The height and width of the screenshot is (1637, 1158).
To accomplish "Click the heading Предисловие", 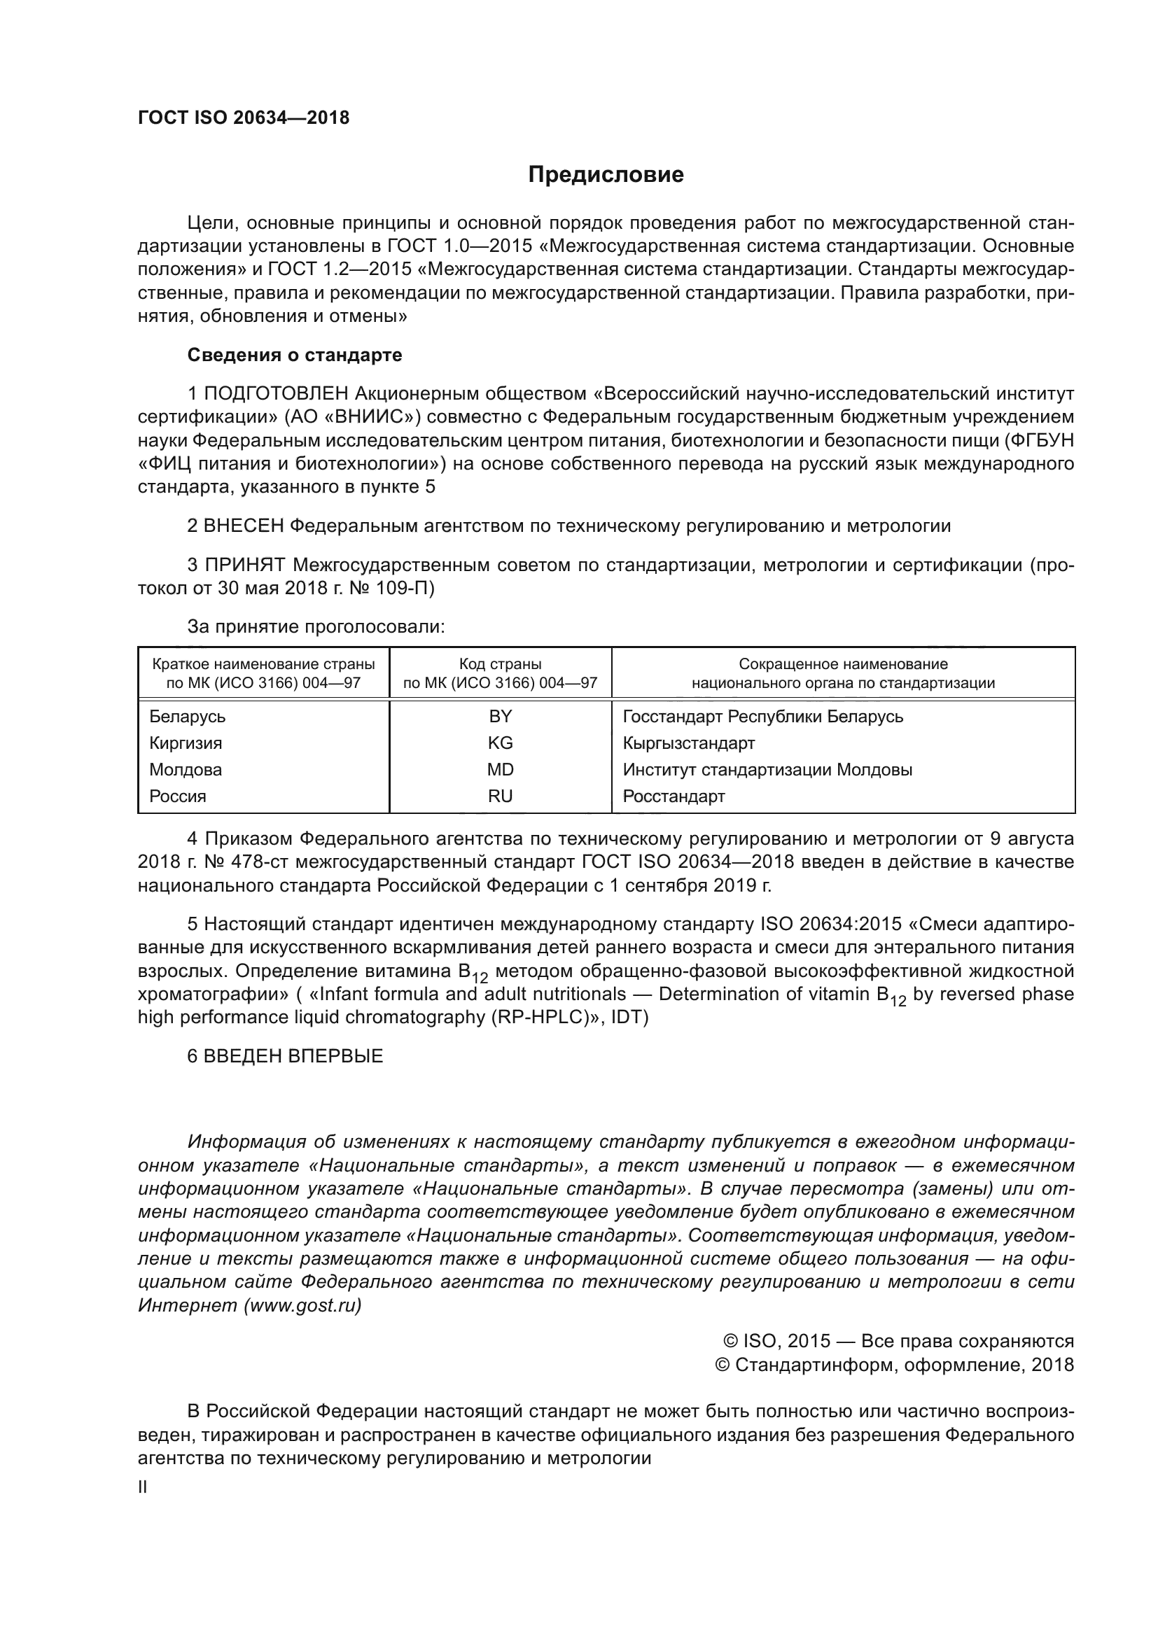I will click(606, 175).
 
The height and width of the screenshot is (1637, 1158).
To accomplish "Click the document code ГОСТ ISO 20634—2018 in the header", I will click(243, 118).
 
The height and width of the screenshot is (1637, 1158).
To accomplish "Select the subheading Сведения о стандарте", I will click(295, 355).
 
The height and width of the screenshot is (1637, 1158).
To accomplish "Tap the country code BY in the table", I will click(500, 716).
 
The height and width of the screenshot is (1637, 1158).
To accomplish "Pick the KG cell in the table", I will click(500, 743).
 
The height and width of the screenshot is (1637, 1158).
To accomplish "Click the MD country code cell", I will click(500, 769).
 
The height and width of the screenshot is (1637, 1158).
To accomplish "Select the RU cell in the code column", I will click(500, 796).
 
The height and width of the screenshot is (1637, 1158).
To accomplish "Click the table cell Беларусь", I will click(187, 716).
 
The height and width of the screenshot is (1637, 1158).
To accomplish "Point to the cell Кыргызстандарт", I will click(688, 743).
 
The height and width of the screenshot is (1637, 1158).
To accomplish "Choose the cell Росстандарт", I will click(673, 796).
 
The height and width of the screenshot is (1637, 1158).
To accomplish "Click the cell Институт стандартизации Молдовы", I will click(767, 769).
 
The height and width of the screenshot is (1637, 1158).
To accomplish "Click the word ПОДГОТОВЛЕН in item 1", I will click(276, 393).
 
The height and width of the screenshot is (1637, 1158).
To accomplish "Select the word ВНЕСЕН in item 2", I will click(244, 526).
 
